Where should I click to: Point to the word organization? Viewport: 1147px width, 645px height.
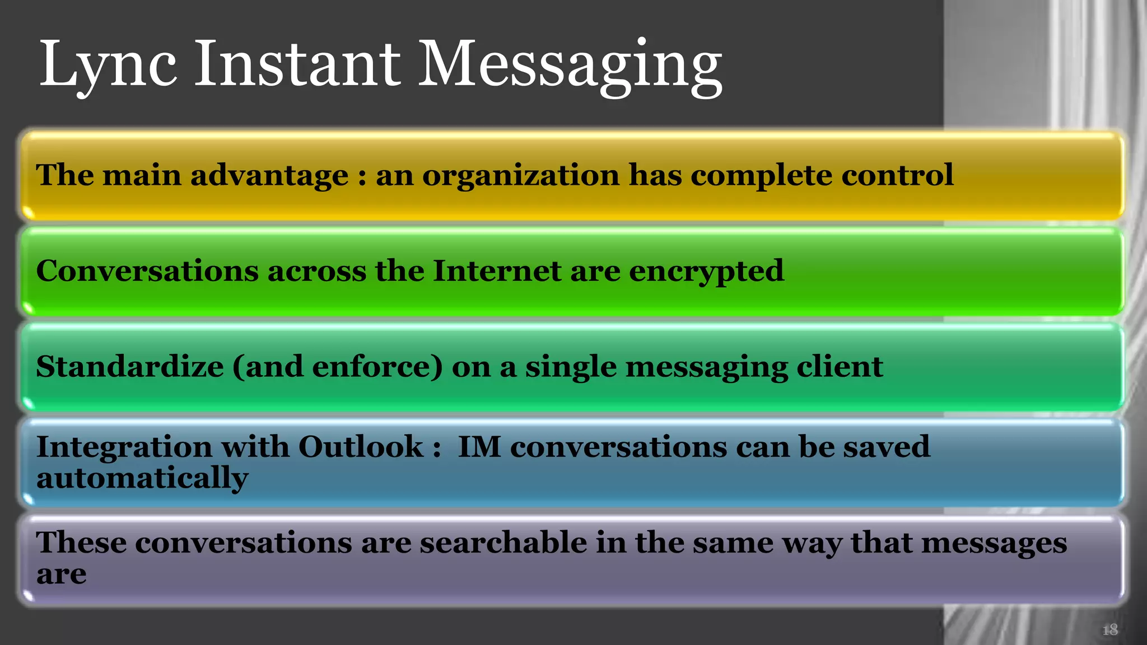[x=521, y=176]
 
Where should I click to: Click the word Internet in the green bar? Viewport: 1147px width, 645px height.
[x=497, y=271]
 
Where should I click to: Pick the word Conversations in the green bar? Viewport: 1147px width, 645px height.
[x=147, y=271]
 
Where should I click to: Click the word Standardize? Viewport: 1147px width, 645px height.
[x=130, y=367]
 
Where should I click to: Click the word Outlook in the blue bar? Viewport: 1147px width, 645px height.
[x=361, y=447]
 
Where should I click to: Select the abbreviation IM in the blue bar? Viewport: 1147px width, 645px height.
[x=479, y=447]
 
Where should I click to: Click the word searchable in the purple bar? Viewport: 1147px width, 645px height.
[x=503, y=543]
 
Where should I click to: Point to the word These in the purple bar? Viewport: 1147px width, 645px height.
[x=81, y=543]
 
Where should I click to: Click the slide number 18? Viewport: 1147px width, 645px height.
[x=1109, y=630]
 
